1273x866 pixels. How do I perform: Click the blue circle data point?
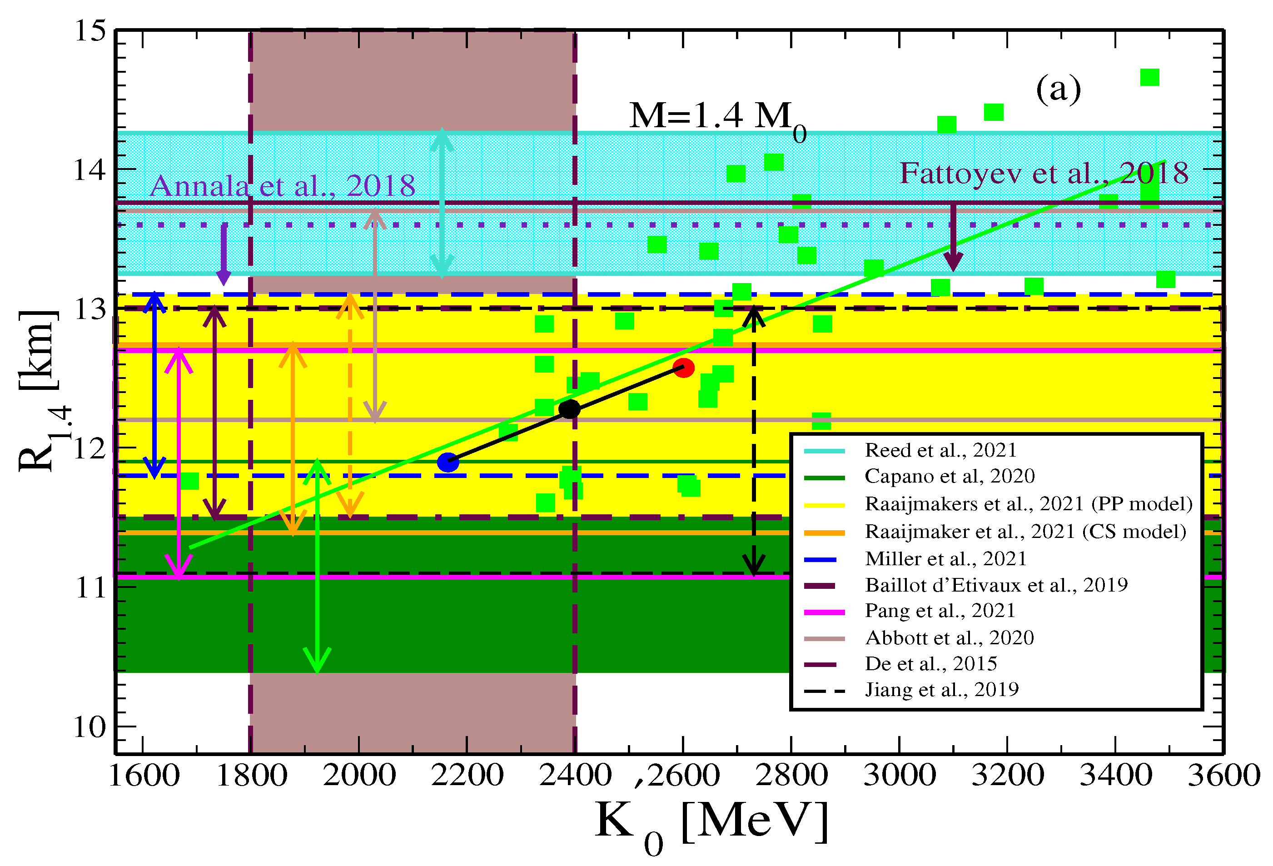point(448,462)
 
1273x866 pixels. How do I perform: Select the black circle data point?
point(570,408)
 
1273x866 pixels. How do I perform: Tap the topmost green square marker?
point(1149,77)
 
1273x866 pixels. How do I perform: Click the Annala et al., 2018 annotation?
point(282,186)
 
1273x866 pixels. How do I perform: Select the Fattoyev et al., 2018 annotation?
point(1044,174)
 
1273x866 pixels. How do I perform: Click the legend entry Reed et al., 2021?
point(940,450)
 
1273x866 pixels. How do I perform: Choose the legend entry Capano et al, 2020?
point(949,477)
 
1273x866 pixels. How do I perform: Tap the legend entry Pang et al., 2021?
point(940,611)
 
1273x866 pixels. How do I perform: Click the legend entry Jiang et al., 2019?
point(942,690)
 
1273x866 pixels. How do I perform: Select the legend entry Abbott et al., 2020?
point(949,637)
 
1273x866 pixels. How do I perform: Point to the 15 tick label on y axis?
point(90,31)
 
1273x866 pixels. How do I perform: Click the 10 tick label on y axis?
point(90,727)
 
